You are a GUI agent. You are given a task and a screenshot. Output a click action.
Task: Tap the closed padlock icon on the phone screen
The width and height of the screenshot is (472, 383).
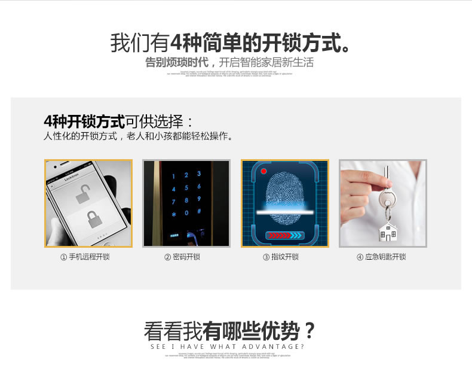(x=93, y=219)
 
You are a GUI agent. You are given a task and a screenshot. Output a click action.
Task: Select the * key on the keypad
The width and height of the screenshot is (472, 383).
(x=174, y=214)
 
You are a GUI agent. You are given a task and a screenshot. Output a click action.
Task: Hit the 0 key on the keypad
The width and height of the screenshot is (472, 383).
(x=186, y=213)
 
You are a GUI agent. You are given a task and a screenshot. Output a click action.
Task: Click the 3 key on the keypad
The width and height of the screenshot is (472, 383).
(x=198, y=174)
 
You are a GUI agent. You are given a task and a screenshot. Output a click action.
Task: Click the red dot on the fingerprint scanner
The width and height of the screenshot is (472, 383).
(x=263, y=171)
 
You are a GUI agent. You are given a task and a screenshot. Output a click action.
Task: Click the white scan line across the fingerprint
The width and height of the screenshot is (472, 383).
(x=285, y=211)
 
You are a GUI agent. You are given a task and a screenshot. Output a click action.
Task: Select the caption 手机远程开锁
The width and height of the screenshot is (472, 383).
(x=85, y=257)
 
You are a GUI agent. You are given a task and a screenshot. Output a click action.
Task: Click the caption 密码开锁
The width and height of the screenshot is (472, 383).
(x=182, y=257)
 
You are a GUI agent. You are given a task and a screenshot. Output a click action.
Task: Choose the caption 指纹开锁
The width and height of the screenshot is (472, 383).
(x=281, y=257)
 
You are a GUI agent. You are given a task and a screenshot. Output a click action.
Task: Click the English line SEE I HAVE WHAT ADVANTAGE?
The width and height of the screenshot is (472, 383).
(x=228, y=346)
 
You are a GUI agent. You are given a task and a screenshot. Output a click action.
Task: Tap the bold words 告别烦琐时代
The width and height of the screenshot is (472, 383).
(x=177, y=62)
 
